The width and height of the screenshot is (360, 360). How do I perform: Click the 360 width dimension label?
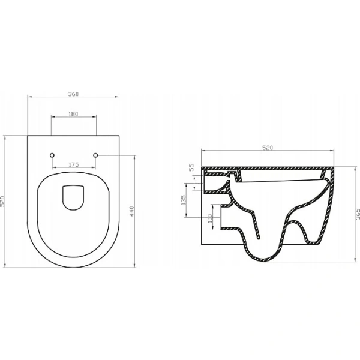coord(73,94)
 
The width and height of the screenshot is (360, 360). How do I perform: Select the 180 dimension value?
coord(73,114)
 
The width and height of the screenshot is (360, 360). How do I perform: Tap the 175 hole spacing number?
coord(74,164)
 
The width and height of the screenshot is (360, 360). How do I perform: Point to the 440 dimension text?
coord(131,211)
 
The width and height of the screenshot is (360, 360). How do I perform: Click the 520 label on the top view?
coord(2,202)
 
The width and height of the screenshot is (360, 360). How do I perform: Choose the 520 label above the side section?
coord(268,148)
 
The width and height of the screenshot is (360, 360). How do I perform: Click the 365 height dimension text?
coord(358,214)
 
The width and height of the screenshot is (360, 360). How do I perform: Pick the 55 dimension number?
coord(191,167)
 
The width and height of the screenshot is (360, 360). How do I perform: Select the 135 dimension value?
coord(184,200)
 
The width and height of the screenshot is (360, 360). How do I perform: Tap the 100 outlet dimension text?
coord(209,218)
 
